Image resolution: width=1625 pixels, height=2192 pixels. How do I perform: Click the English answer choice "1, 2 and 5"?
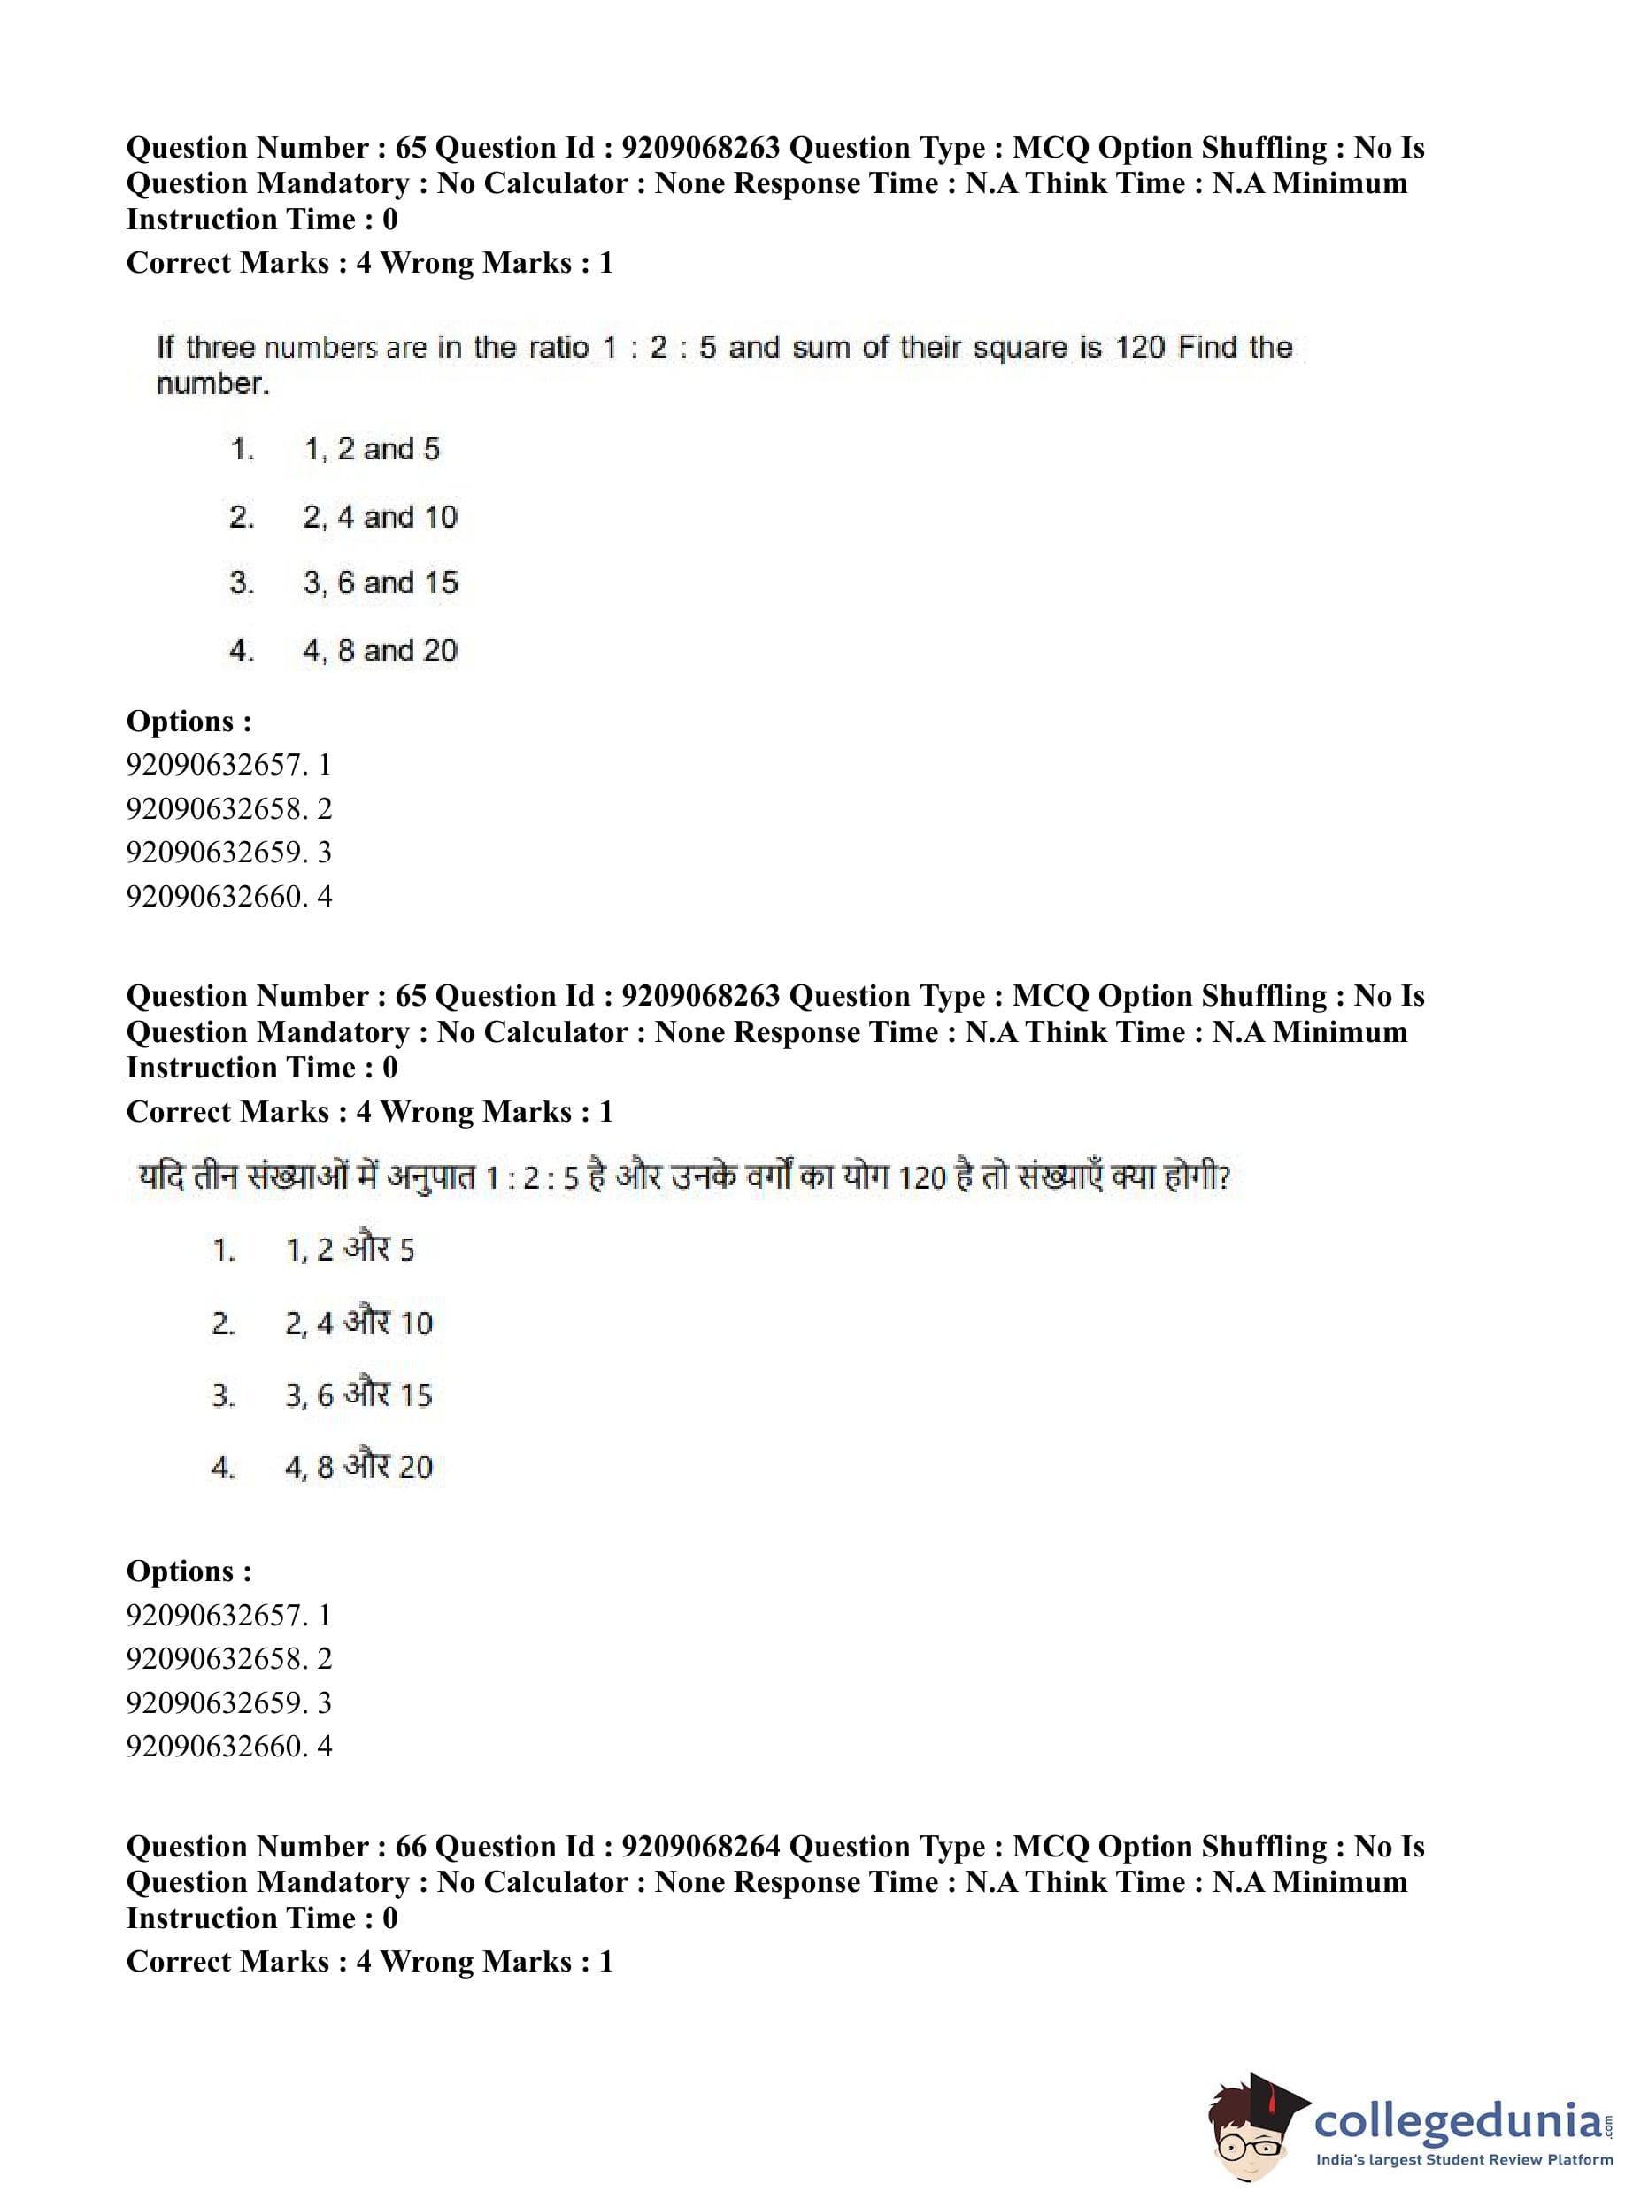[x=371, y=450]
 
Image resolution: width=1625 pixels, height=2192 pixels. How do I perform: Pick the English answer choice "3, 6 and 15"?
[x=380, y=583]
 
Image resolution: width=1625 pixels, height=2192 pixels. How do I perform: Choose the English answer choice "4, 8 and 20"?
[x=380, y=651]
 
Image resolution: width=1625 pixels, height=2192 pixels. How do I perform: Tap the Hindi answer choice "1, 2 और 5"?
[x=350, y=1249]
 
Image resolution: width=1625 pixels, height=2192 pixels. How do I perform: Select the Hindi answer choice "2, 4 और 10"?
[x=358, y=1323]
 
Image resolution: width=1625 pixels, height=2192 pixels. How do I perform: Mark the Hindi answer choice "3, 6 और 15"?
[x=358, y=1394]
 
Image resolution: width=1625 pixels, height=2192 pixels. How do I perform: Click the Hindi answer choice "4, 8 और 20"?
[x=358, y=1467]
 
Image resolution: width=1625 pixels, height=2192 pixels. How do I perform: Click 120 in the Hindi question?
[x=921, y=1177]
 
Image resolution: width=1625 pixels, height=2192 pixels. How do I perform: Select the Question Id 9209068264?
[x=701, y=1847]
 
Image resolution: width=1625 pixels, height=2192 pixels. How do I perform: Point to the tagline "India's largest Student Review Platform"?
[x=1464, y=2159]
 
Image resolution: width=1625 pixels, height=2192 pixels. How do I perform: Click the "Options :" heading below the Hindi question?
[x=189, y=1571]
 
